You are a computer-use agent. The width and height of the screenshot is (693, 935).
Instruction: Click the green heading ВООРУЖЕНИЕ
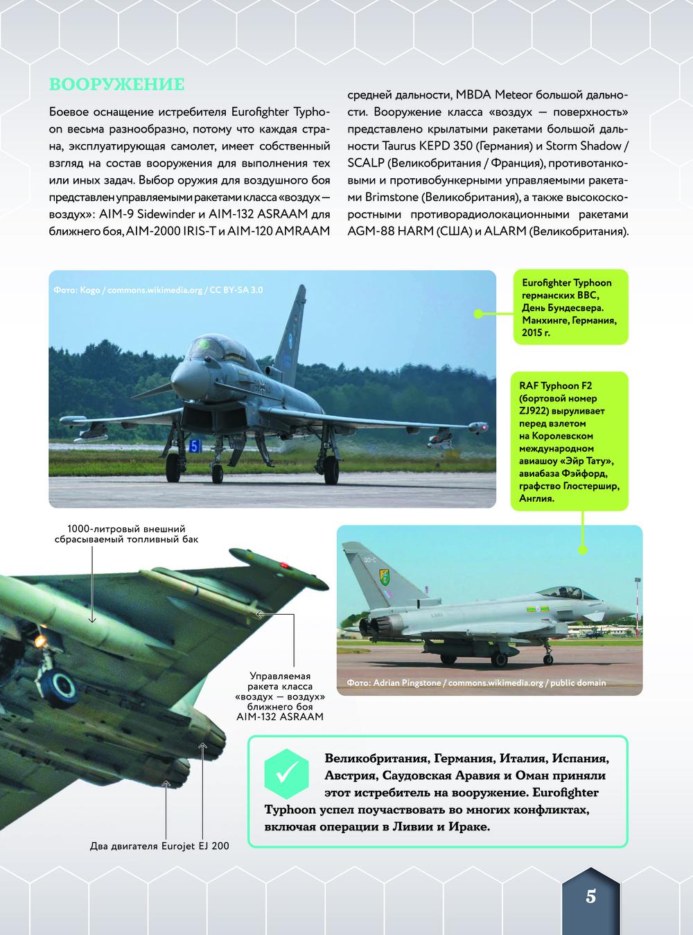tap(116, 85)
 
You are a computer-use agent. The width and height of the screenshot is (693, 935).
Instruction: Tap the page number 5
tap(590, 896)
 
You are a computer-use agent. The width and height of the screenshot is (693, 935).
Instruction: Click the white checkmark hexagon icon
tap(286, 774)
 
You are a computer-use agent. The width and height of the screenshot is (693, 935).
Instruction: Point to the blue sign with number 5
tap(195, 446)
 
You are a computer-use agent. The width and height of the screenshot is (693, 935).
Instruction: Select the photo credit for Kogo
tap(158, 290)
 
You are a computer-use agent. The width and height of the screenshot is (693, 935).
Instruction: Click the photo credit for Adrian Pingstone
tap(476, 683)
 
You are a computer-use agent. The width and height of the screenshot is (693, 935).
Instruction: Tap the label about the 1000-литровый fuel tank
tap(126, 534)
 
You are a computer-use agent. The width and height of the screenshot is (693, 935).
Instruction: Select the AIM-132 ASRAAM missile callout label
tap(280, 696)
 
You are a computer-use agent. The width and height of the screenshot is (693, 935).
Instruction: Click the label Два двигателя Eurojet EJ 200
tap(159, 846)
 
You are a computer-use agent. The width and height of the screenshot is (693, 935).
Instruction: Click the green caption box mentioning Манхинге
tap(570, 307)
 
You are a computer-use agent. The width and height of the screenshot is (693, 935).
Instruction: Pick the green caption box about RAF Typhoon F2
tap(569, 442)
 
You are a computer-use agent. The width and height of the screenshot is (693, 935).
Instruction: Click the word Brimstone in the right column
tap(392, 197)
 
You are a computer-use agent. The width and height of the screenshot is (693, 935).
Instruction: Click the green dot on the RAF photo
tap(583, 550)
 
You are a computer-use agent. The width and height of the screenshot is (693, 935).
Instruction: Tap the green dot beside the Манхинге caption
tap(478, 314)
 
